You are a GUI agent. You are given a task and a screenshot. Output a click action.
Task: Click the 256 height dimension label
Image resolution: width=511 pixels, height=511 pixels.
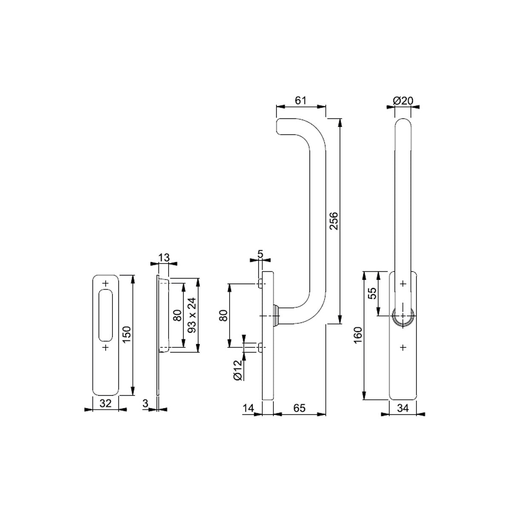click(x=333, y=221)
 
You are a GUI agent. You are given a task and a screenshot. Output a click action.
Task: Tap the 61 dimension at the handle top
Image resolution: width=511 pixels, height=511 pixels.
click(x=301, y=100)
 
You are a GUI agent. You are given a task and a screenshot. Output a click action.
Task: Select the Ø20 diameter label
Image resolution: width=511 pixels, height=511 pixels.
click(x=403, y=100)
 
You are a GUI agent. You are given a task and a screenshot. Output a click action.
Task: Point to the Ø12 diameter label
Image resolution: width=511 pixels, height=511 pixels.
click(x=238, y=370)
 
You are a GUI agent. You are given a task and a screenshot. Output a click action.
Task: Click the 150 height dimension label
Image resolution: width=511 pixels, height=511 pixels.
click(x=127, y=334)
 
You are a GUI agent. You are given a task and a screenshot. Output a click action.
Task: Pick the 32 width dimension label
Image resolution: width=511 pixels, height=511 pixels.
click(x=105, y=403)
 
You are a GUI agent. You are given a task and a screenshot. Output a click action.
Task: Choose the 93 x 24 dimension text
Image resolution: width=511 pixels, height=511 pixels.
click(x=192, y=315)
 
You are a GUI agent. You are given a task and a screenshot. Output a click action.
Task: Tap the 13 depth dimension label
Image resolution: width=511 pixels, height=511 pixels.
click(x=164, y=257)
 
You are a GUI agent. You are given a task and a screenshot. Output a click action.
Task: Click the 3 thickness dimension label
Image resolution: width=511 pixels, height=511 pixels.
click(x=145, y=403)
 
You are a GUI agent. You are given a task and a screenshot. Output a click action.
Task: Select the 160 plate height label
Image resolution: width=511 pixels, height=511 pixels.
click(x=358, y=335)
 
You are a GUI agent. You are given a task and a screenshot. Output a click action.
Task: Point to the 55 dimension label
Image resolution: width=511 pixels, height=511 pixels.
click(x=373, y=293)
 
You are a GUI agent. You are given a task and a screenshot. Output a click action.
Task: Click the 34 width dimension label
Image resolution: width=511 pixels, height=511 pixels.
click(x=403, y=408)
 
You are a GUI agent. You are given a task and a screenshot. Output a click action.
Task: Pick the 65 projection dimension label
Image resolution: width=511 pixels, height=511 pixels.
click(x=300, y=408)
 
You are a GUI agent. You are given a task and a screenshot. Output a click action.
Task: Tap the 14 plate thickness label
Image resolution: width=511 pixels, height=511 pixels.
click(x=248, y=408)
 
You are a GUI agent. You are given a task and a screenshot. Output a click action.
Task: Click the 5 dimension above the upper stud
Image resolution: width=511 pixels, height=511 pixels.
click(x=260, y=254)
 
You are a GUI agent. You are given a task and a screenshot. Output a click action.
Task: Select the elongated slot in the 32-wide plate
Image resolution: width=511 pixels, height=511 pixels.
click(x=106, y=315)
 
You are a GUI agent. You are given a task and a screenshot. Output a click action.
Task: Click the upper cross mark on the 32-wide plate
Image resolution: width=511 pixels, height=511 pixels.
click(x=106, y=284)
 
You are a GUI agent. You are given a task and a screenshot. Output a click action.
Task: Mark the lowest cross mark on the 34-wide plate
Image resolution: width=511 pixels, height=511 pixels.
click(x=403, y=347)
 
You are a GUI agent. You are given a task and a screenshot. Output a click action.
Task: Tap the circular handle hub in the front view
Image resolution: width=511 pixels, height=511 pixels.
click(x=403, y=316)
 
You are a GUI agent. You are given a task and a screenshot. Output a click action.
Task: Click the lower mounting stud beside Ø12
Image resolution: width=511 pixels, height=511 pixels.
click(x=260, y=347)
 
